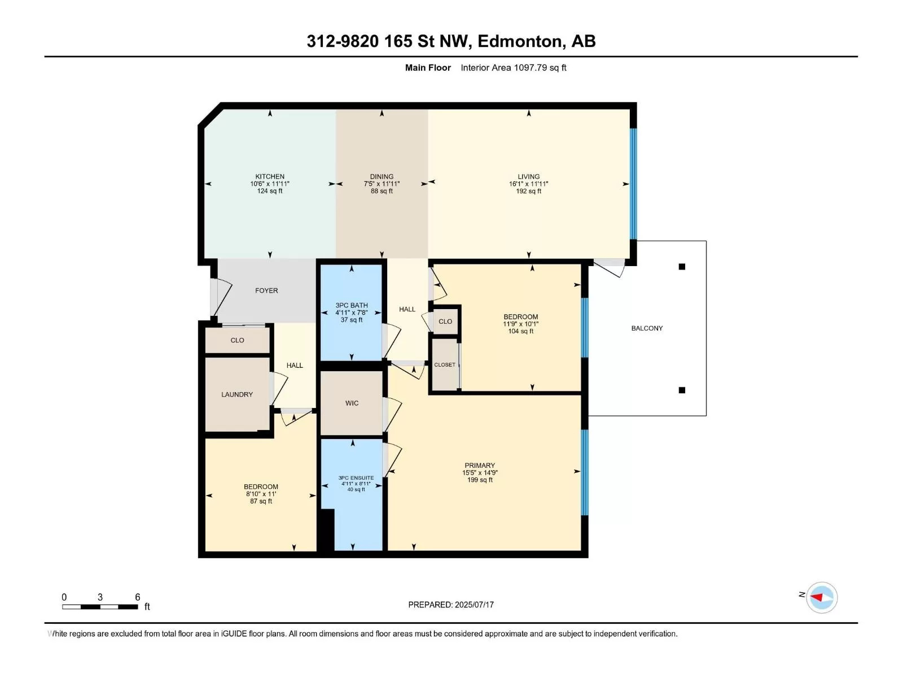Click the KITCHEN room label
click(x=269, y=176)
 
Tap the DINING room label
click(x=382, y=176)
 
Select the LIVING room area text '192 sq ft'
click(x=528, y=191)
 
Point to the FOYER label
click(x=266, y=290)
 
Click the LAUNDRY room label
click(x=236, y=394)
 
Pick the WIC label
click(x=352, y=403)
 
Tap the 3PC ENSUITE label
click(x=356, y=477)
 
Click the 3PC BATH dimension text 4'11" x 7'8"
click(x=352, y=312)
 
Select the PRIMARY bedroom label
click(x=480, y=465)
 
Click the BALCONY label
click(x=647, y=328)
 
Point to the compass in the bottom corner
click(x=821, y=597)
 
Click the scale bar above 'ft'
click(x=100, y=607)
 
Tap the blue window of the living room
click(x=634, y=184)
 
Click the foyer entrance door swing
click(x=221, y=298)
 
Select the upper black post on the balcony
click(x=682, y=266)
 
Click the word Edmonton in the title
click(x=520, y=41)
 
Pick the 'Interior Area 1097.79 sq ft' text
click(x=514, y=67)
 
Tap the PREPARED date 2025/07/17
click(x=474, y=605)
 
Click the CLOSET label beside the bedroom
click(x=445, y=364)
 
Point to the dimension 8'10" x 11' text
click(x=260, y=494)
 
